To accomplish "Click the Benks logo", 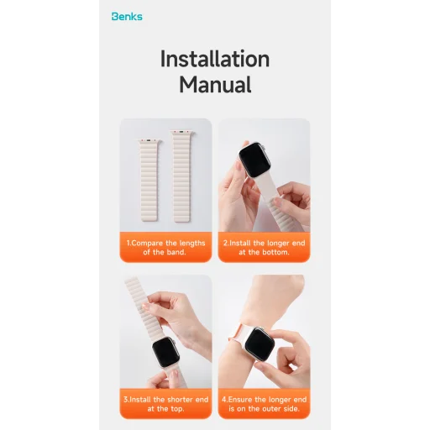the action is click(127, 17).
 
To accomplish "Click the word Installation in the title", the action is click(215, 59).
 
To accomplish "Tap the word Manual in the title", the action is click(215, 84).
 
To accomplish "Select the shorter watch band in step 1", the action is click(149, 180).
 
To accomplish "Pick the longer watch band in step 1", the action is click(182, 176).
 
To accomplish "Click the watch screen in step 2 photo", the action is click(254, 160).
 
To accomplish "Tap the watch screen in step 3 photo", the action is click(165, 352).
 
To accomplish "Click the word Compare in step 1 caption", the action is click(147, 243).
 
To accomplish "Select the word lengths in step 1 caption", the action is click(192, 244).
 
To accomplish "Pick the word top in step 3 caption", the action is click(177, 409).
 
